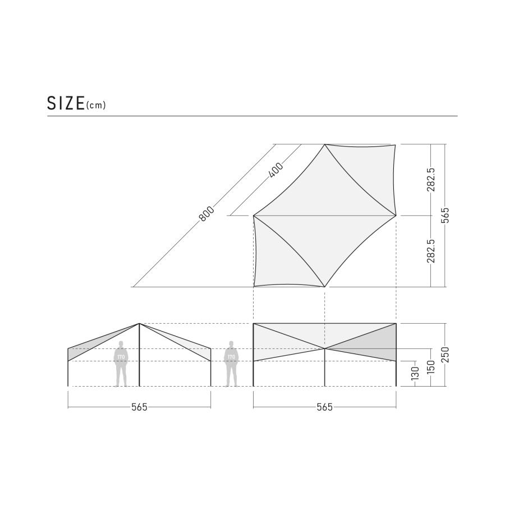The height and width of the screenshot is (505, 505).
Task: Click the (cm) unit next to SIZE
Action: (x=96, y=105)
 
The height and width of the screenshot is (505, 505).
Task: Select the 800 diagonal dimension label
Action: (x=206, y=214)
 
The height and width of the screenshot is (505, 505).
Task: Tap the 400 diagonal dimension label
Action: (x=276, y=170)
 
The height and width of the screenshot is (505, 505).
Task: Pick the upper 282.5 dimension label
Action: (x=430, y=180)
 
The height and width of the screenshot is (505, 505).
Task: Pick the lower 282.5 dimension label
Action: (x=430, y=251)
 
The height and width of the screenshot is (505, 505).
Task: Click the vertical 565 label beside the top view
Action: (x=446, y=215)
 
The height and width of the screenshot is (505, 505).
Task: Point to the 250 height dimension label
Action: (x=446, y=355)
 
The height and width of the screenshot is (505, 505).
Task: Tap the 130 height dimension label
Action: (x=415, y=373)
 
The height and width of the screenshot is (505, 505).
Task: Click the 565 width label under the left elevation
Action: (x=139, y=407)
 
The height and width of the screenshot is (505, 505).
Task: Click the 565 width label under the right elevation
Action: (x=325, y=407)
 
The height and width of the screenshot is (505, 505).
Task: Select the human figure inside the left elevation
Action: (x=121, y=364)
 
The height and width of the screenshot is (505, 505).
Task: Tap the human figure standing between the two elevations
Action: (x=231, y=364)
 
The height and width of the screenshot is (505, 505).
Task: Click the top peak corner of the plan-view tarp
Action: (x=325, y=145)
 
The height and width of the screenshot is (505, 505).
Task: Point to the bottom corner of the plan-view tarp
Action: (x=325, y=287)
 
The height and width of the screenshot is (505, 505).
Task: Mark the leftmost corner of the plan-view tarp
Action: (x=254, y=215)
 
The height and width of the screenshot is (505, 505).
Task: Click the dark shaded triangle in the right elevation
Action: (x=376, y=342)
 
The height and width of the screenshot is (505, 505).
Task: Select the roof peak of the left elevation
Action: (x=139, y=324)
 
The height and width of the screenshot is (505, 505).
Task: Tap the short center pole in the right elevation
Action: (x=325, y=368)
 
